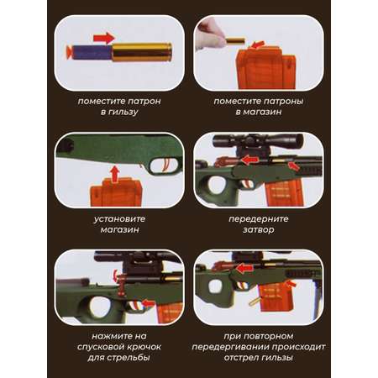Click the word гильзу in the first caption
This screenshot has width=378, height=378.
click(123, 112)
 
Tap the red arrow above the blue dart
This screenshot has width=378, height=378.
click(104, 38)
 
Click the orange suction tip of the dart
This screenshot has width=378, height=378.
click(68, 52)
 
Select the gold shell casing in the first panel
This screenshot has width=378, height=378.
click(142, 52)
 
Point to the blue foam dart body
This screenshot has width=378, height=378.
click(92, 52)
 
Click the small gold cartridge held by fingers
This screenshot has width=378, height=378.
click(235, 41)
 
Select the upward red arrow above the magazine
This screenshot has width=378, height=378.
click(114, 174)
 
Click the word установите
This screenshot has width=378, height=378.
click(119, 218)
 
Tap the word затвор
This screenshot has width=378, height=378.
click(258, 229)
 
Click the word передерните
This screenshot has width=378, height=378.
click(259, 218)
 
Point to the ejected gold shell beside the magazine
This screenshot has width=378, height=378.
click(254, 302)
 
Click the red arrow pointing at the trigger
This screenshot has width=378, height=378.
click(148, 303)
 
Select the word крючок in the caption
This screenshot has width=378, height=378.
click(143, 347)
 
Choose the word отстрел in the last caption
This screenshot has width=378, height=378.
click(242, 358)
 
